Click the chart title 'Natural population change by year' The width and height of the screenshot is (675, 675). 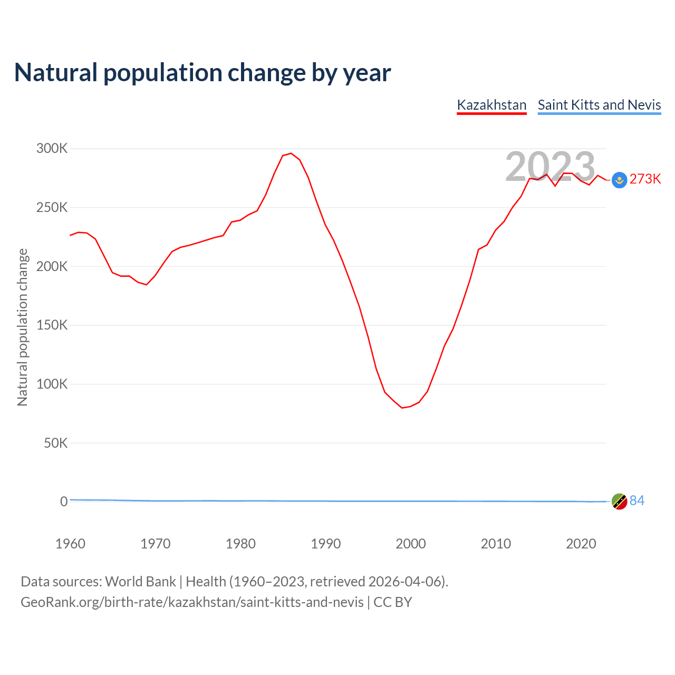point(202,72)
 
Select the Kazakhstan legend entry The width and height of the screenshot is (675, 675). point(491,105)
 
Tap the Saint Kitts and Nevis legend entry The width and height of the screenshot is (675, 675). point(599,105)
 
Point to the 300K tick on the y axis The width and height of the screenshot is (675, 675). point(52,149)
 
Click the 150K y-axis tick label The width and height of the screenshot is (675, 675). point(52,325)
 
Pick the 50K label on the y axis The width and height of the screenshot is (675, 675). point(56,443)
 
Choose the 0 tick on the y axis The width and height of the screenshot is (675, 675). point(64,502)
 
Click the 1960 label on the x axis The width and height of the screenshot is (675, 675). point(70,544)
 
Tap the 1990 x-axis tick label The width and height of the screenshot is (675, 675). point(326,544)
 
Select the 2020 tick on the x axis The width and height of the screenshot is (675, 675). point(581,544)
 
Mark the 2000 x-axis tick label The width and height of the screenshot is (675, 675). point(411,544)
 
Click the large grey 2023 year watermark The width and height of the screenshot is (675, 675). point(550,167)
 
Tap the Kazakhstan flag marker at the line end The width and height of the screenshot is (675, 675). point(619,180)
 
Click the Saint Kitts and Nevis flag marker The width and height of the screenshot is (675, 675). point(619,502)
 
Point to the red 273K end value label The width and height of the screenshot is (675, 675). point(645,179)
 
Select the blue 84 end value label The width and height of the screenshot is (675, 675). point(637,501)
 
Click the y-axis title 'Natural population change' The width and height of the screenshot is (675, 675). point(23,327)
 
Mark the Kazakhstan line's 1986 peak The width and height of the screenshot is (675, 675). point(291,153)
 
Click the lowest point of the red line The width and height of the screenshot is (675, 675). point(402,408)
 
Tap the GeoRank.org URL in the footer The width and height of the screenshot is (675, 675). point(192,602)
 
